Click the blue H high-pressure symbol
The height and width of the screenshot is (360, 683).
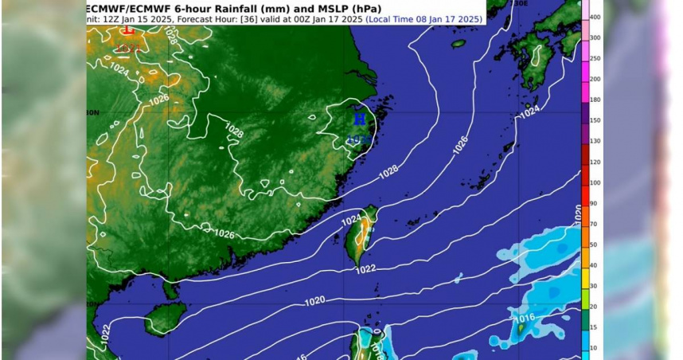[361, 119]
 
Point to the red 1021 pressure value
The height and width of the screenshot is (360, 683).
[128, 49]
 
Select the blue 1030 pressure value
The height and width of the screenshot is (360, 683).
[359, 139]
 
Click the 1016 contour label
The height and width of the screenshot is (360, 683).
[524, 320]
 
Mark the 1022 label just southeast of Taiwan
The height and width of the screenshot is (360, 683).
[365, 270]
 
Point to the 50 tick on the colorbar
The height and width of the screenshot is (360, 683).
[593, 245]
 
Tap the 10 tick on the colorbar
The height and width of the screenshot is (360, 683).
[593, 347]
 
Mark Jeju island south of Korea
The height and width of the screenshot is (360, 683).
[459, 44]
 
